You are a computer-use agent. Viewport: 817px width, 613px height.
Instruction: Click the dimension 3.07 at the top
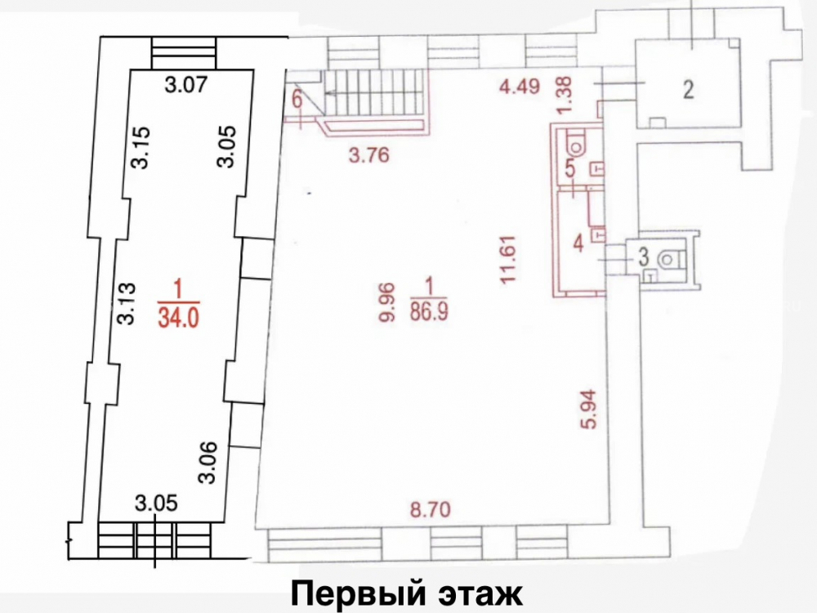pos(186,84)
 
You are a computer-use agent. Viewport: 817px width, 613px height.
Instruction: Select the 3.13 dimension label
pos(127,303)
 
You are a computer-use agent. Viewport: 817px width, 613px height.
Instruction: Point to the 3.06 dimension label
pos(207,463)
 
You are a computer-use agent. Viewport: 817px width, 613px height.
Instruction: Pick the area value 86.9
pos(430,311)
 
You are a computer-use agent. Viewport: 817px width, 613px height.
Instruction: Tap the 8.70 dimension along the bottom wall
pos(430,508)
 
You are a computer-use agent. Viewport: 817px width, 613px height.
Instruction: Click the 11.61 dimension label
pos(507,260)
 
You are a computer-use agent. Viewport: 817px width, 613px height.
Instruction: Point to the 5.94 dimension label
pos(588,409)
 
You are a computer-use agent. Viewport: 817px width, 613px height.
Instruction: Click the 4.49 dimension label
pos(519,86)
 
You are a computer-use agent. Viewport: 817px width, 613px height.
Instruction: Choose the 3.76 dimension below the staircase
pos(369,154)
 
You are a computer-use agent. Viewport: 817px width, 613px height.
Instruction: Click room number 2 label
pos(689,90)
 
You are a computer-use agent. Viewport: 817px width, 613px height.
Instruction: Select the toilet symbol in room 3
pos(669,258)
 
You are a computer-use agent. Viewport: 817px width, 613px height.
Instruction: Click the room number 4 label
pos(578,244)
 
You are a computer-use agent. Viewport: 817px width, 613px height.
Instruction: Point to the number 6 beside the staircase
pos(297,100)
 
